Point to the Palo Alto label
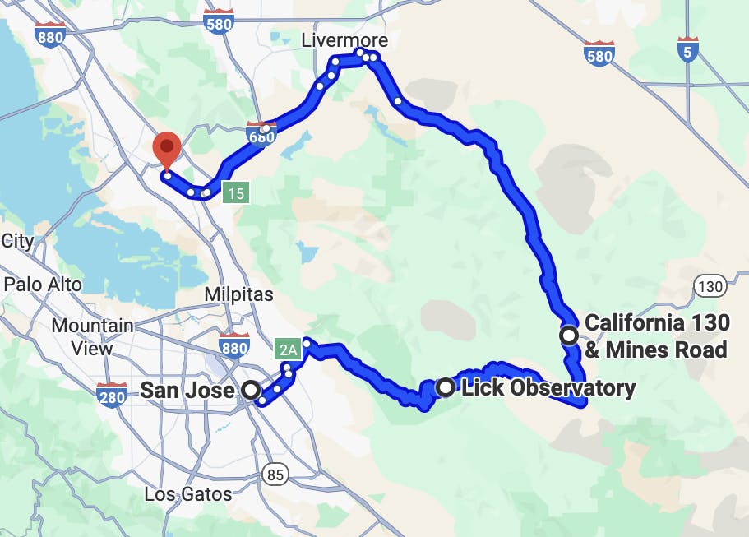[43, 285]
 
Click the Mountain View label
[92, 336]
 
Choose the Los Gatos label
[187, 494]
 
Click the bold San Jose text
[187, 390]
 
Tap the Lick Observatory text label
[548, 387]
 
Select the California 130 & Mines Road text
[655, 336]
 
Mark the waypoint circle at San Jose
[251, 391]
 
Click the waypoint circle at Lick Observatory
[446, 387]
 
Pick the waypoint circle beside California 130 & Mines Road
[568, 336]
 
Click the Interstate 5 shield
[688, 51]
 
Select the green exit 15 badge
[237, 194]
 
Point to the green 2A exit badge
[289, 350]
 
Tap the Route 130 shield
[710, 287]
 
